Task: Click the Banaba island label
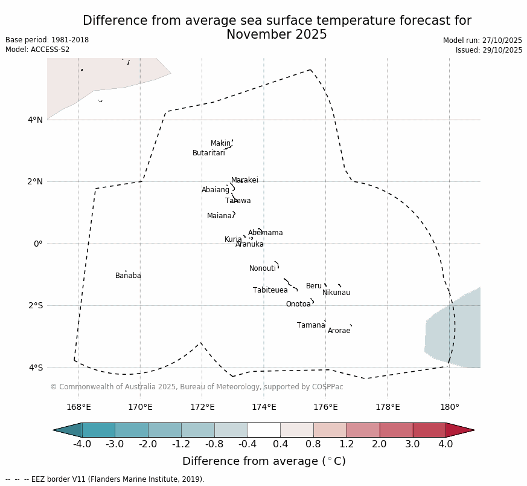point(128,276)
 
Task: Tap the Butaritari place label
point(208,154)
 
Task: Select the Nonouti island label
point(263,269)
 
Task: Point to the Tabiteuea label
point(270,291)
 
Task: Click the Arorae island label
point(339,331)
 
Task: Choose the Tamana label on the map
point(311,326)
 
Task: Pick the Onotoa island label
point(298,305)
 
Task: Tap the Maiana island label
point(219,216)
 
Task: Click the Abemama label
point(266,233)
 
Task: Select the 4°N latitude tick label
point(35,120)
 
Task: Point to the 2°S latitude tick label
point(35,306)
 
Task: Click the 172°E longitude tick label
point(202,407)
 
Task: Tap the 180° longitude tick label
point(449,407)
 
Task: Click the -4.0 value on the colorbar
point(82,445)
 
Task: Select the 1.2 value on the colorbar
point(347,445)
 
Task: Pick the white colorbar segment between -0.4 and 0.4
point(264,430)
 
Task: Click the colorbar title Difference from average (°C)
point(264,462)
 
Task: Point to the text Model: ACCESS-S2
point(37,50)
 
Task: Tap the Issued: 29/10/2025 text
point(489,50)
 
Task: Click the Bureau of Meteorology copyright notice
point(197,387)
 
